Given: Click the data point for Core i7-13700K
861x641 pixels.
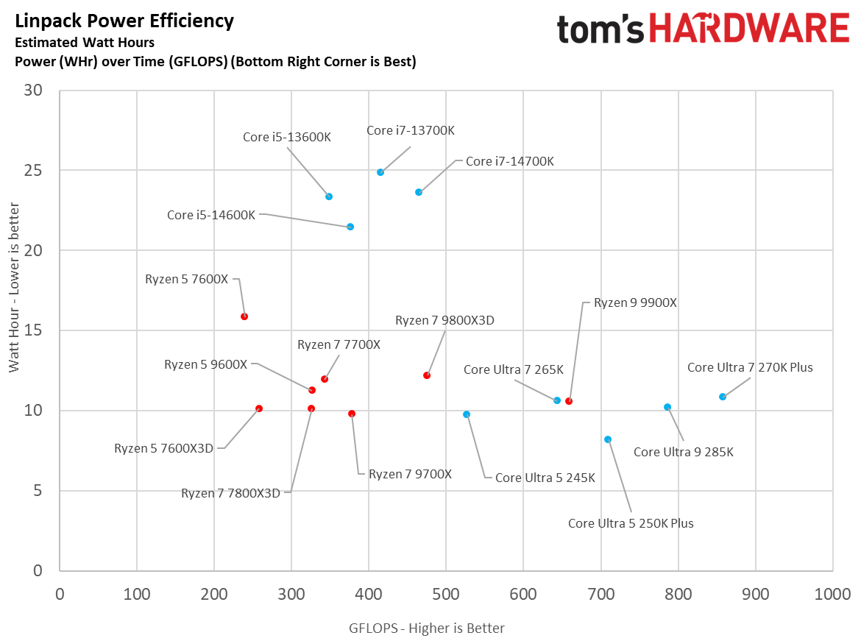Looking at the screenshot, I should [x=380, y=172].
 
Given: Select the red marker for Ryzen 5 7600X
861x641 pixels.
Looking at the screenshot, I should [x=244, y=316].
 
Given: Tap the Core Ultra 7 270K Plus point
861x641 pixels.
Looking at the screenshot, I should [x=723, y=397].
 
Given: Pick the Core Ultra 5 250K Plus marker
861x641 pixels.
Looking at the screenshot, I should [x=608, y=439].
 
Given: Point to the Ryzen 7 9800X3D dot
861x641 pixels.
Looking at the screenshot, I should [x=427, y=375].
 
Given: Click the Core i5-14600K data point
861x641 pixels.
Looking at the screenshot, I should [x=350, y=227].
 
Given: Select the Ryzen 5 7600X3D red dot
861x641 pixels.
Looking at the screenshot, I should [x=259, y=408].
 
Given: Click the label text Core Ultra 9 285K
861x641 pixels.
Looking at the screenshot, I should [x=683, y=452].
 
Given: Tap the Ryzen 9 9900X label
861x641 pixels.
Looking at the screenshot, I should [x=635, y=302].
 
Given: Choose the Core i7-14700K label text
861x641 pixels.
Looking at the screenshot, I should [x=509, y=161].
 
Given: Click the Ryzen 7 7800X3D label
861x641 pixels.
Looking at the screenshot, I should [x=230, y=493].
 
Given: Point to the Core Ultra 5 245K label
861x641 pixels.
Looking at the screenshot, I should [x=545, y=478].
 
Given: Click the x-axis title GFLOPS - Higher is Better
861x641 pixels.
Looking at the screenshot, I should [x=427, y=628].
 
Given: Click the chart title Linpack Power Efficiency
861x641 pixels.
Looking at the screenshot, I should [x=124, y=21].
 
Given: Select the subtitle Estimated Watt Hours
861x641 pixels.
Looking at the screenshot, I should [x=85, y=43].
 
